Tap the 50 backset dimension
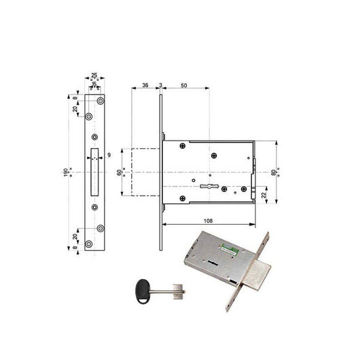coord(184,85)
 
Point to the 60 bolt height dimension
coord(120,173)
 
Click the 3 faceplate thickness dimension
coord(160,85)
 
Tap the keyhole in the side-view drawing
coord(209,185)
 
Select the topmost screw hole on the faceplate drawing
coord(100,101)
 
